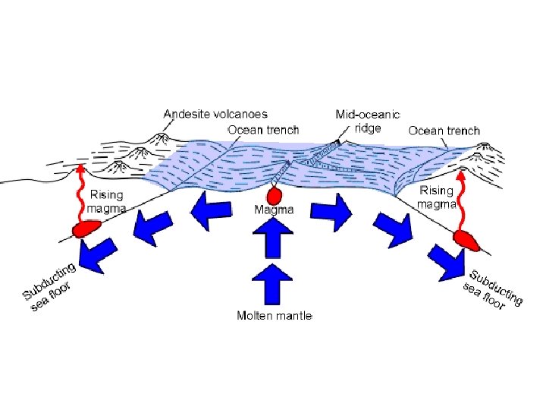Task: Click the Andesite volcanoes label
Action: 215,114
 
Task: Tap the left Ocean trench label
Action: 263,130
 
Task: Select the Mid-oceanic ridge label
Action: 368,121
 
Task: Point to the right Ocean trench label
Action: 444,131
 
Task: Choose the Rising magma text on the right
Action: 437,197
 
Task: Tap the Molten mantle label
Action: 274,315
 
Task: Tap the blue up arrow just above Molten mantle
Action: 274,283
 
